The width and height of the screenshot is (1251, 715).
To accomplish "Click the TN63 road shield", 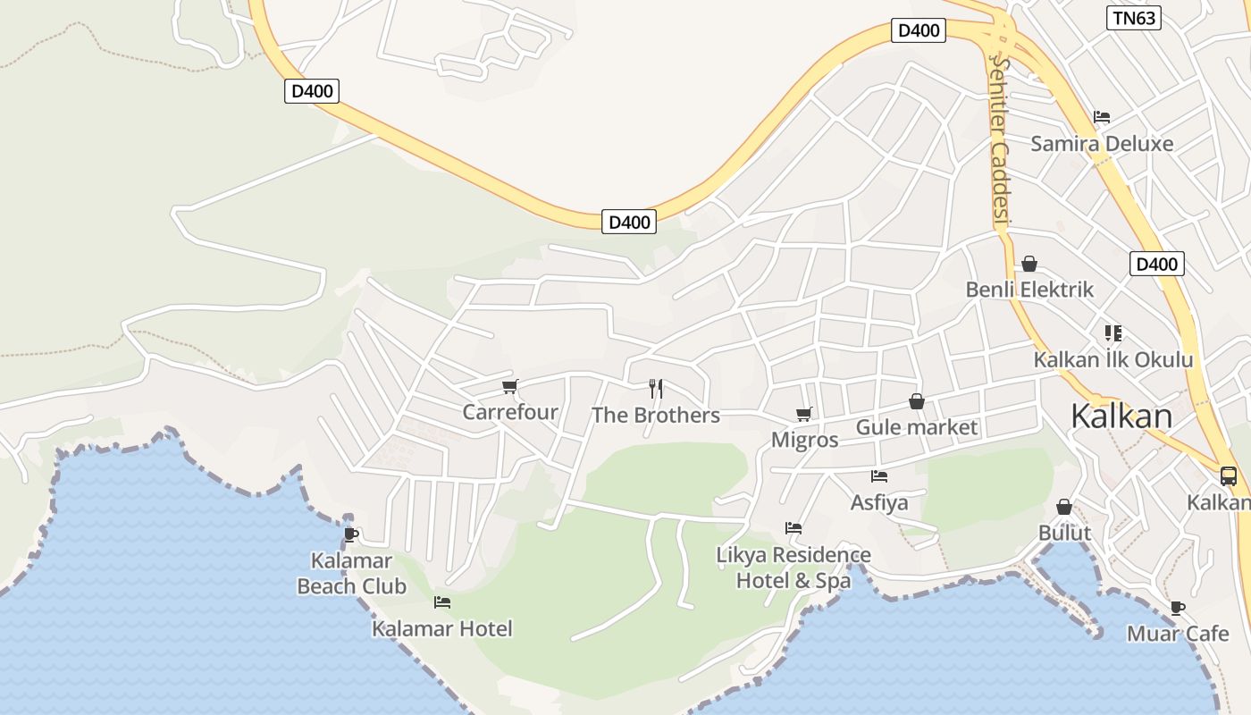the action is [x=1133, y=18].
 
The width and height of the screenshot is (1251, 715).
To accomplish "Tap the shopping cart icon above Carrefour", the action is [x=509, y=387].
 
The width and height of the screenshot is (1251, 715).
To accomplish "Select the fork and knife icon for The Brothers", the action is [x=656, y=388].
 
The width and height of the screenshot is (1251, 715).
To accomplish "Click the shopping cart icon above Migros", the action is [x=803, y=414].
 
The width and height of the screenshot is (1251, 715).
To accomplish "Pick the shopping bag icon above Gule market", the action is [x=916, y=401].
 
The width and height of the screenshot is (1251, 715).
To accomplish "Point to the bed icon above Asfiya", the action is [x=879, y=476].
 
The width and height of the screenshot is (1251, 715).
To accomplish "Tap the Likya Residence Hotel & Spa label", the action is [x=793, y=568].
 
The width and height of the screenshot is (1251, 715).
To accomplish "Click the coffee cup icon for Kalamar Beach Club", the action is [x=351, y=534].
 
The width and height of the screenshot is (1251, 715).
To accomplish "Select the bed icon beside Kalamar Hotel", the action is [x=441, y=602].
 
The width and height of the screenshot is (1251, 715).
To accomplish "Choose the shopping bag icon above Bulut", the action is [x=1064, y=507].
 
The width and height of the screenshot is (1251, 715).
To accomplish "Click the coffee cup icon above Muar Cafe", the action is [x=1178, y=609].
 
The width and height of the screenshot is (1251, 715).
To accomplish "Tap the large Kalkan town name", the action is [x=1121, y=416].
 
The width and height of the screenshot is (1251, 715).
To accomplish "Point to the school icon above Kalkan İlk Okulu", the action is [x=1112, y=333].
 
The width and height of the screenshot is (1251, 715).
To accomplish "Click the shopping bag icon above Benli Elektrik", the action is [x=1029, y=264].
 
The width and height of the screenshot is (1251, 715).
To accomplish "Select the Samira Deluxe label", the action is [x=1102, y=143].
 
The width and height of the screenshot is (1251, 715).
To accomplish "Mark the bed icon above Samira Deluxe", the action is [x=1102, y=117].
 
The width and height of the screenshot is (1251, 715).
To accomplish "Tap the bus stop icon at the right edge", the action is [x=1229, y=475].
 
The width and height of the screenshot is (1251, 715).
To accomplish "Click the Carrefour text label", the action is [x=509, y=412].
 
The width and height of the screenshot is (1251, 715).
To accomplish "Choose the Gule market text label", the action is [x=917, y=427].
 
